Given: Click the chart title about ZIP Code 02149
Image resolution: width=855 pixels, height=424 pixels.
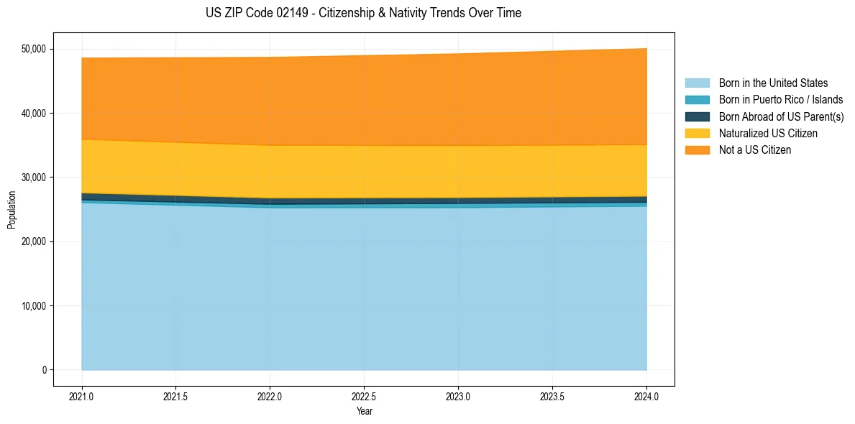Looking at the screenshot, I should pyautogui.click(x=363, y=13).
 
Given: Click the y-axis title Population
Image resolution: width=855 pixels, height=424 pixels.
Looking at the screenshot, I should pyautogui.click(x=12, y=209).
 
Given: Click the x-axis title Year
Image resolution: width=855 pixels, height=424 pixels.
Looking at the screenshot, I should pyautogui.click(x=364, y=412).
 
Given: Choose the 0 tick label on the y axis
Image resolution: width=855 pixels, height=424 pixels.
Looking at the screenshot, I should pyautogui.click(x=43, y=370).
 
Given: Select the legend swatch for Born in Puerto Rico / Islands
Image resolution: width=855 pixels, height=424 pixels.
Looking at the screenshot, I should pyautogui.click(x=697, y=100).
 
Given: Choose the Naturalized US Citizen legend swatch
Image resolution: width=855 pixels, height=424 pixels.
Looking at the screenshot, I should pyautogui.click(x=697, y=133).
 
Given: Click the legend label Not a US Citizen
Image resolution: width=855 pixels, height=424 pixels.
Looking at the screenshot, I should pyautogui.click(x=754, y=149).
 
